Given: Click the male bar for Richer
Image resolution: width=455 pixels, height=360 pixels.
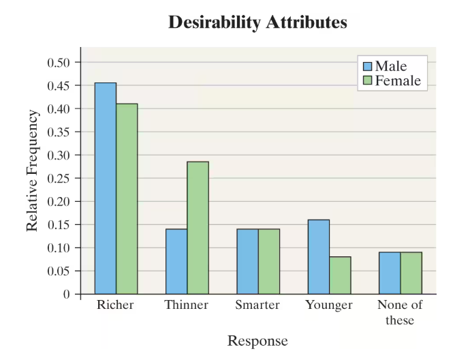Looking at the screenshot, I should coord(106,188).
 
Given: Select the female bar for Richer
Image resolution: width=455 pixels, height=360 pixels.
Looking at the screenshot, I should coord(127,198).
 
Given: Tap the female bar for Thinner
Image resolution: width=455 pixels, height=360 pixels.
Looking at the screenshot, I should coord(198,228).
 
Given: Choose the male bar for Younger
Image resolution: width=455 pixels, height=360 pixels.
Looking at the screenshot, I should coord(318,256).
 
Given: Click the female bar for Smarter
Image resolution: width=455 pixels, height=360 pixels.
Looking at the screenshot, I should coord(268,261).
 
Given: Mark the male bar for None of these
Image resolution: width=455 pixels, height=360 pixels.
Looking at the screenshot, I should coord(390,273).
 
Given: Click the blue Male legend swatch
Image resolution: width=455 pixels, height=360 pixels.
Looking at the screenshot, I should coord(367,66).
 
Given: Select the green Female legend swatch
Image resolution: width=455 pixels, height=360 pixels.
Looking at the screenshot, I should coord(367,81).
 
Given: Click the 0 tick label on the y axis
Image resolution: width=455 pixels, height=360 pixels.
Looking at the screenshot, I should coord(67,295).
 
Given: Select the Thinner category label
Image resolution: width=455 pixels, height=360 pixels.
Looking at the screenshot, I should coord(187,305).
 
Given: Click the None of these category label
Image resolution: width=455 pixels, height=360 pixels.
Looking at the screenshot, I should coord(400,312).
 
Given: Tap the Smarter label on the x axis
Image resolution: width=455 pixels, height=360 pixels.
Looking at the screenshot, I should coord(257,305).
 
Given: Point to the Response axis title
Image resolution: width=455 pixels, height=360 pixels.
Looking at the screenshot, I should coord(257,341).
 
